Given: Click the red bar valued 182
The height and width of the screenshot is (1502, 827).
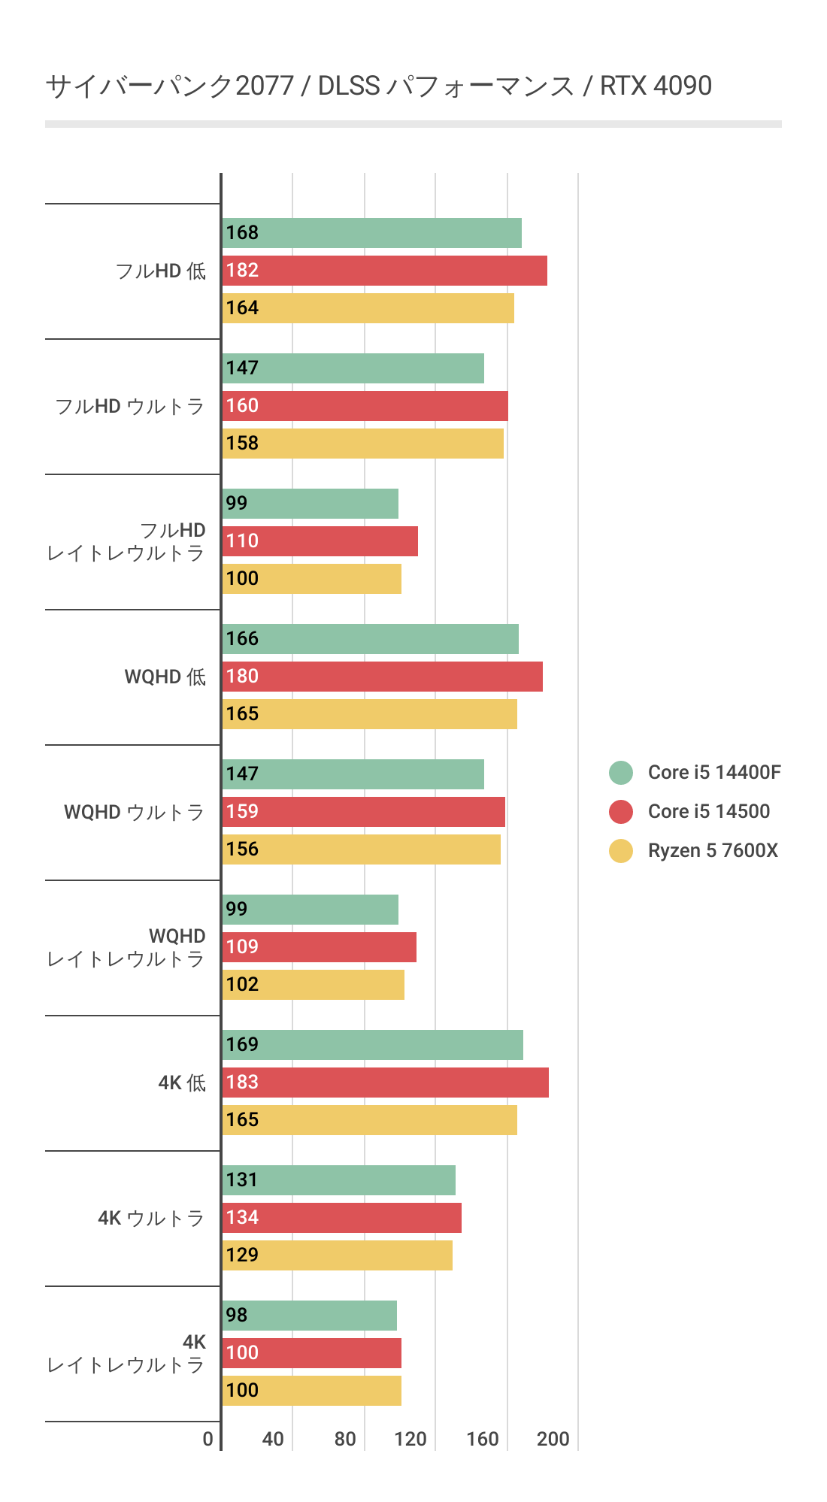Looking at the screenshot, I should pos(384,271).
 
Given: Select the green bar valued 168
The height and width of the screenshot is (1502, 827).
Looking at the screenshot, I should pos(371,233).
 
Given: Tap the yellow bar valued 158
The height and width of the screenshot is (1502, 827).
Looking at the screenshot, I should pos(362,444).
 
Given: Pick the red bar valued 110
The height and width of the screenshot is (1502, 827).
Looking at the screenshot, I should pos(320,541).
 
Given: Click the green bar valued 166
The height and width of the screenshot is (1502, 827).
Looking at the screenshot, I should pos(370,639).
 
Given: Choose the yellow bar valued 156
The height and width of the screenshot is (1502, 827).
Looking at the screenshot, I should pos(361,849).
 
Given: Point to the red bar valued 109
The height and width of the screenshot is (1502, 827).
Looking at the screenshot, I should pos(319,947).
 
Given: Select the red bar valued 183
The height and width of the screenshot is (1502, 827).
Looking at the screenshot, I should pos(385,1083).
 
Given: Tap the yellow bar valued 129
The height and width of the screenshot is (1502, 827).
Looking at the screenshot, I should pos(337,1255).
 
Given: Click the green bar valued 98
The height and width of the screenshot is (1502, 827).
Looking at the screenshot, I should pos(309,1316).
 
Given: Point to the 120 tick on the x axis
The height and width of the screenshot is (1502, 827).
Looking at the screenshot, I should pos(410,1439).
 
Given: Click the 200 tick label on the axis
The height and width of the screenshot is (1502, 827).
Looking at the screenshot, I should pos(553,1439).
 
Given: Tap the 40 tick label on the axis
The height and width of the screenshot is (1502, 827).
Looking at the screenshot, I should pos(273,1439).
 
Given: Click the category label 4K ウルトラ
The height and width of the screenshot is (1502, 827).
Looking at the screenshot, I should pos(151,1218).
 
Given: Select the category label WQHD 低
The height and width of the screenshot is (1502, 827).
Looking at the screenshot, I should pos(165,677).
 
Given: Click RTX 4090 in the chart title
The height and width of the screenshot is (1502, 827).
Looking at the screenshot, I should pos(656,86).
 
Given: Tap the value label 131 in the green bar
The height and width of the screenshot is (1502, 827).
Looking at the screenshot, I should pos(242,1180).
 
